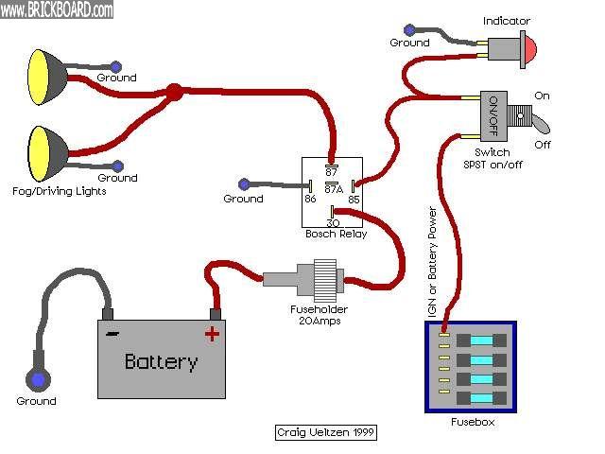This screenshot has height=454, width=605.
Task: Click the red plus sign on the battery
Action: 212,333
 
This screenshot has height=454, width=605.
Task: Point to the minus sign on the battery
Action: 112,333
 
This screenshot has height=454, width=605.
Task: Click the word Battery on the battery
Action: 162,361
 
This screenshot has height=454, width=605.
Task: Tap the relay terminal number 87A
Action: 333,188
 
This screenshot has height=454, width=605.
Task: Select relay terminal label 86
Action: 309,200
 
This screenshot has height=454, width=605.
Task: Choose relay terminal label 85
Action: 354,200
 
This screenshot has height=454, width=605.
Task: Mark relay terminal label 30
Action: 333,220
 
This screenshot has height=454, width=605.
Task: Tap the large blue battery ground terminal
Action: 38,380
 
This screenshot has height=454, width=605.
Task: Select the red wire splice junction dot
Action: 174,93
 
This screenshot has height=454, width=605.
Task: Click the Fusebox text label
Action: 473,422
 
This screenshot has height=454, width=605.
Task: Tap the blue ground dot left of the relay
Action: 245,183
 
